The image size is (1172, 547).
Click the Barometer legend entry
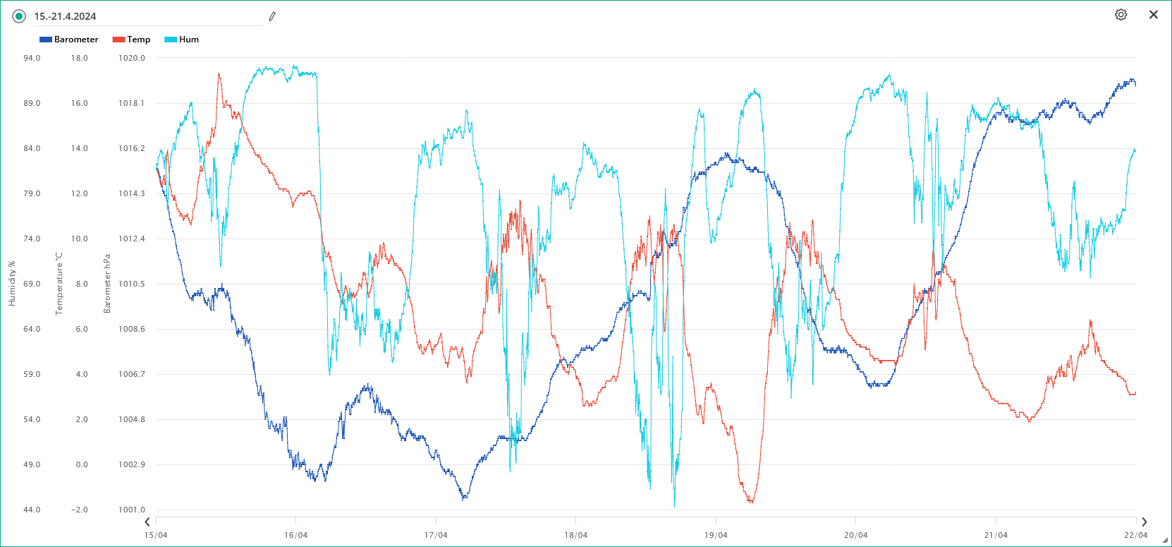(69, 40)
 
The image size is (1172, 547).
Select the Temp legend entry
(132, 40)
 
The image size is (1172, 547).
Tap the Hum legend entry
(182, 40)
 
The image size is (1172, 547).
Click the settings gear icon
(1121, 15)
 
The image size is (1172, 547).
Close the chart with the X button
(1154, 15)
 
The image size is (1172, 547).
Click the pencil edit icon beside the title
(272, 16)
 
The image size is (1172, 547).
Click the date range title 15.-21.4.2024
(66, 16)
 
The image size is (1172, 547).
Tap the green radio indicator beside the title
(19, 16)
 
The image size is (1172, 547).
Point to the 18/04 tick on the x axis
(575, 535)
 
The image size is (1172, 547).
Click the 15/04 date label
(156, 535)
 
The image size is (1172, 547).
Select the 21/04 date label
(996, 535)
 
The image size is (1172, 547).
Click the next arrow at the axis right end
(1144, 522)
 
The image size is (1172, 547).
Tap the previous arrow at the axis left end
(147, 522)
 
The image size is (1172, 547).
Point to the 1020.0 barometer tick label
(132, 58)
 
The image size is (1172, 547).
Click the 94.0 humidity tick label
(32, 58)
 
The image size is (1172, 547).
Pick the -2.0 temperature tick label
(80, 510)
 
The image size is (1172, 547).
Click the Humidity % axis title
(12, 284)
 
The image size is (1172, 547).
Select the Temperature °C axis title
(59, 284)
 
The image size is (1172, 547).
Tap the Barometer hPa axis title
(107, 284)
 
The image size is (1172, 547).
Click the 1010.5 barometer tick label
(132, 284)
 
